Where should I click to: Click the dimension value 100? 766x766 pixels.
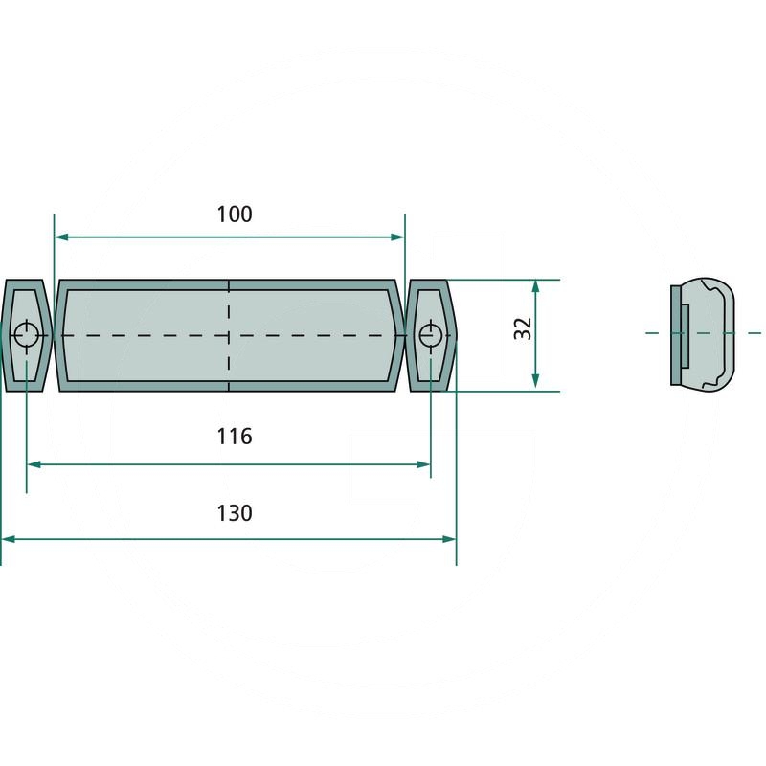[235, 214]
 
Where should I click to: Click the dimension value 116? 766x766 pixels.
[235, 437]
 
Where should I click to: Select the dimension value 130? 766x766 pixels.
[235, 513]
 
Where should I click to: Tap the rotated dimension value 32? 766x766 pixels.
[523, 329]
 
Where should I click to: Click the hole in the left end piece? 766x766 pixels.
[26, 334]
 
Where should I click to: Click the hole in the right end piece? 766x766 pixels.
[431, 334]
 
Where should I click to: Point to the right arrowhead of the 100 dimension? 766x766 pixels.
[397, 237]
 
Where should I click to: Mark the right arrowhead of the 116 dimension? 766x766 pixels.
[423, 464]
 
